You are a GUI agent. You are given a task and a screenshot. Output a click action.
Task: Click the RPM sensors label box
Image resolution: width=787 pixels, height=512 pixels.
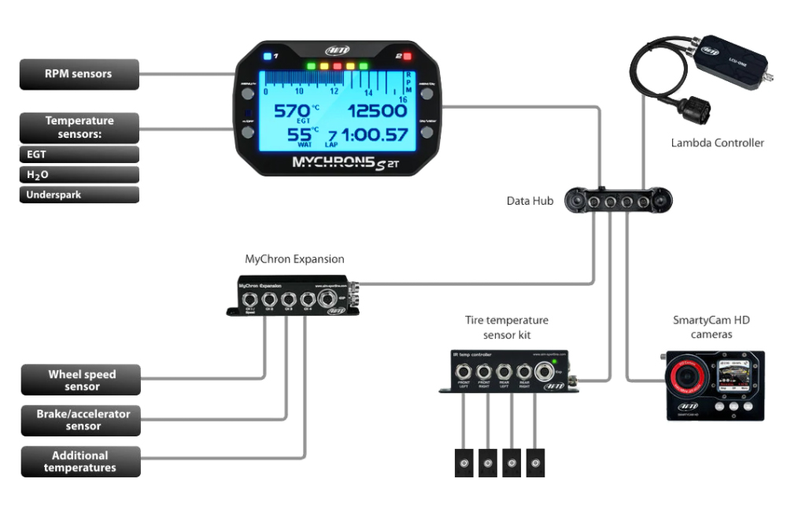pyautogui.click(x=79, y=74)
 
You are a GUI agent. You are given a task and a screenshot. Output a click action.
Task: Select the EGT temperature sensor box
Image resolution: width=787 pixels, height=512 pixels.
pyautogui.click(x=79, y=155)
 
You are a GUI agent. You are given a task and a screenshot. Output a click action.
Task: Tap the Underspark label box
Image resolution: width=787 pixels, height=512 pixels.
pyautogui.click(x=79, y=195)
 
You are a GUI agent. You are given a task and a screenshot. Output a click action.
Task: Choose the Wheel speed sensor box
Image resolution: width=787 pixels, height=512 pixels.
pyautogui.click(x=81, y=380)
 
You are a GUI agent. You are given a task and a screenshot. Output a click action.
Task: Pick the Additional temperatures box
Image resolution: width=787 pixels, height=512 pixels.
pyautogui.click(x=81, y=462)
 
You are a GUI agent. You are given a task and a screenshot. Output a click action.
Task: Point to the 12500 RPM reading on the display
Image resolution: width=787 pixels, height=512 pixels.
pyautogui.click(x=377, y=110)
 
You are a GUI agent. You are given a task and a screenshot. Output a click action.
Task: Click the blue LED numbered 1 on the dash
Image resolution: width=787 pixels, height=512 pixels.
pyautogui.click(x=268, y=57)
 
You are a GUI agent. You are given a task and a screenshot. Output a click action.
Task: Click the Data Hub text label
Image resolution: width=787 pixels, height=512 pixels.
pyautogui.click(x=530, y=201)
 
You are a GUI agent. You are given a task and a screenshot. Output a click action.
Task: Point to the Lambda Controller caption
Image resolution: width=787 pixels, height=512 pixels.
pyautogui.click(x=717, y=143)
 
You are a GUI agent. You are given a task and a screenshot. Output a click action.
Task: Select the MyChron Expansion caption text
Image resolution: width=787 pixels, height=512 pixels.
pyautogui.click(x=294, y=258)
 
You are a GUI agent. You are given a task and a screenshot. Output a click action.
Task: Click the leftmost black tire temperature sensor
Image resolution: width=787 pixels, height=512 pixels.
pyautogui.click(x=464, y=462)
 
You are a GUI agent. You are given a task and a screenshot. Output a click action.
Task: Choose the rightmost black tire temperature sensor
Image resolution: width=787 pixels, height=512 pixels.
pyautogui.click(x=535, y=462)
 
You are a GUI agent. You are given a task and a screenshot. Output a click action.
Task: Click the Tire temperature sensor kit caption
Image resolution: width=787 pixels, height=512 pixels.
pyautogui.click(x=506, y=327)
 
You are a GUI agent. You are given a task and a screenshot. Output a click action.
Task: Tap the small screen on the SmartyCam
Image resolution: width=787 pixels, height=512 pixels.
pyautogui.click(x=737, y=375)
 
